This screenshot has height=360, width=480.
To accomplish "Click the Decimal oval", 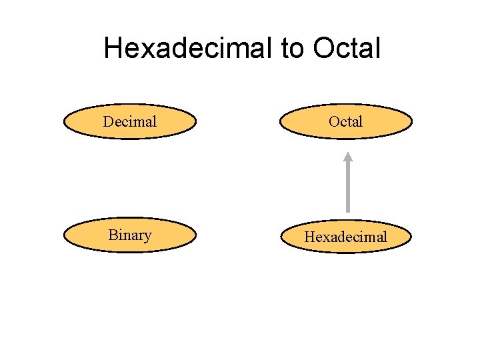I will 130,121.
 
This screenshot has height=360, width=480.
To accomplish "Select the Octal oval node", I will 346,121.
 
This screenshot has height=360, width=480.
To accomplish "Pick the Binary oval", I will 130,235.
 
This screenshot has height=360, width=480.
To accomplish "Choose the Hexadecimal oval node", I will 346,237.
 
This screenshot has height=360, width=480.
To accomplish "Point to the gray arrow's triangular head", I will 347,158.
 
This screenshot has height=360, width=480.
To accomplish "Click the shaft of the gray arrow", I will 347,190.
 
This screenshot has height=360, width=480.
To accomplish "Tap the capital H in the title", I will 114,48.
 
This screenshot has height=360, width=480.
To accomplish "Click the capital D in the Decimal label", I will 108,121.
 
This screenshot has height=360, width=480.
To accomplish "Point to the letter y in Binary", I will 147,237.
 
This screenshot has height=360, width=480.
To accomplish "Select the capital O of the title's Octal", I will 323,48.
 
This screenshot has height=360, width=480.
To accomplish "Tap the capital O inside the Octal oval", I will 334,121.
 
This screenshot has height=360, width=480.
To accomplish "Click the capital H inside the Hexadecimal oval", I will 310,237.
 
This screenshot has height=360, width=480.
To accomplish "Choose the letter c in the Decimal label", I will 125,123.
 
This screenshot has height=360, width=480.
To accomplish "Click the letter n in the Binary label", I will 131,237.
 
